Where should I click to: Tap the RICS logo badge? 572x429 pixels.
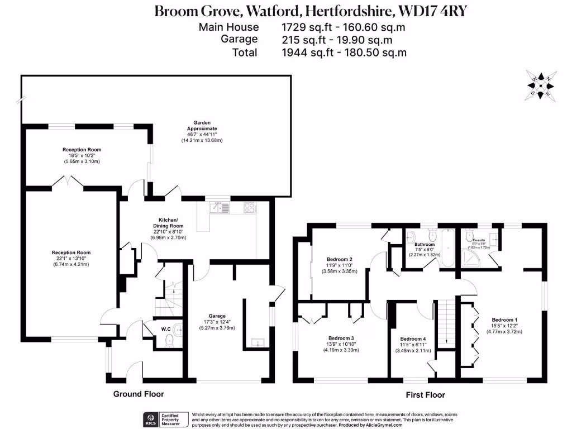[150, 420]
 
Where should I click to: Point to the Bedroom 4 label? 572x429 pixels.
[413, 339]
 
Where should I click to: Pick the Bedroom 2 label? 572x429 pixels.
[339, 259]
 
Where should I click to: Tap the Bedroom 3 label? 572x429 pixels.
[341, 338]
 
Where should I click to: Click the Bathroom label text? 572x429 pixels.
[425, 244]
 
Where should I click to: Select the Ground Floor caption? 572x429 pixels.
[139, 394]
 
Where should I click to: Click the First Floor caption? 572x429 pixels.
[425, 395]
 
